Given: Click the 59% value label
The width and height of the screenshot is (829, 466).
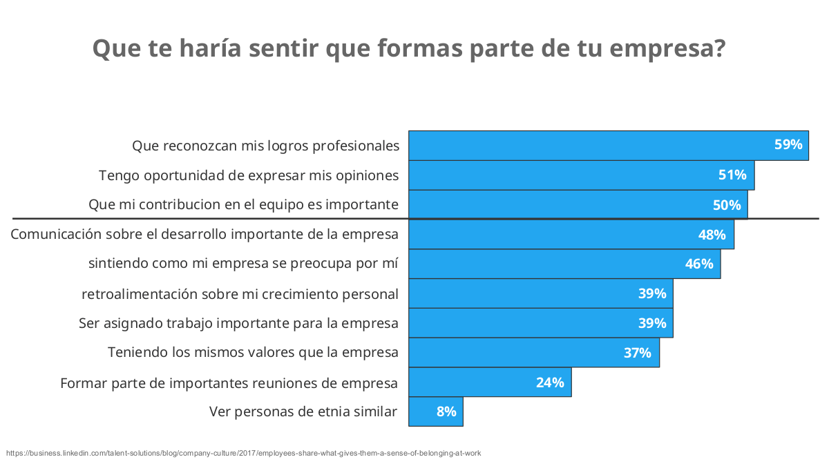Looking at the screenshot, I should [788, 145].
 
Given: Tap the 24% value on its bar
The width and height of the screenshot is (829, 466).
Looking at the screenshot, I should [550, 382].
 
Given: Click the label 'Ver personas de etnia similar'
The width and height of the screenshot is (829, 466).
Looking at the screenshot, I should [303, 412].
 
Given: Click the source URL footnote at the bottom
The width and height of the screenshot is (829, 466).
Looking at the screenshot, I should [243, 454].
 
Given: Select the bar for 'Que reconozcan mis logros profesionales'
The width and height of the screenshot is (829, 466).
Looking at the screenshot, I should [587, 146].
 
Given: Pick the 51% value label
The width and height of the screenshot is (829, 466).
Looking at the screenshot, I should [732, 175].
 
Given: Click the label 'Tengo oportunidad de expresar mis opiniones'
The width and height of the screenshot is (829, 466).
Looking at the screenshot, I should [249, 175].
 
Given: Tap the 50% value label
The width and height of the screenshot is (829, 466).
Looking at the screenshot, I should [726, 205].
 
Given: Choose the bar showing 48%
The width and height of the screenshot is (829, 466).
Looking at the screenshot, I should [553, 235].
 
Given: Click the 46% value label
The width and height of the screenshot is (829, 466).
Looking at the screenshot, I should [698, 264].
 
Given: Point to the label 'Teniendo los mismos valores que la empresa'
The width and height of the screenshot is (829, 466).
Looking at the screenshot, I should [253, 353].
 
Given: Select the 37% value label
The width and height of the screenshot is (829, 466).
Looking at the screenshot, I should [637, 353].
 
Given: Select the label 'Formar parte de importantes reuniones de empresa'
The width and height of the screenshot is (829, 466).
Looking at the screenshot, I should [229, 382].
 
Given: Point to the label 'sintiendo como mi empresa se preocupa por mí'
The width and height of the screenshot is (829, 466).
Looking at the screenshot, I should [243, 264].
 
